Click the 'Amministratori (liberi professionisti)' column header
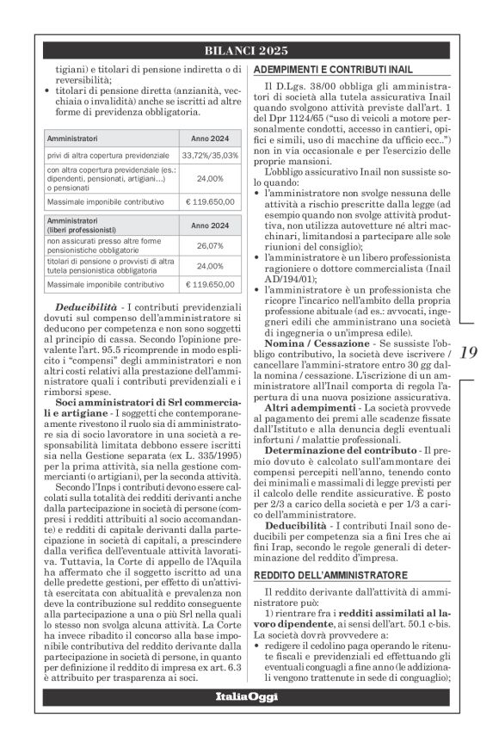tap(79, 226)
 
